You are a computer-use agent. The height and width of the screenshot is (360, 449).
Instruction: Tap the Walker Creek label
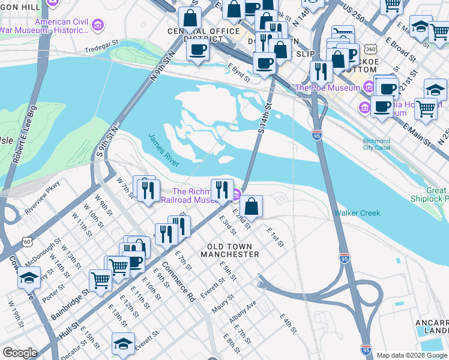[357, 213]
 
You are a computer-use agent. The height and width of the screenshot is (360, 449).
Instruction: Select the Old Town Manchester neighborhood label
[233, 250]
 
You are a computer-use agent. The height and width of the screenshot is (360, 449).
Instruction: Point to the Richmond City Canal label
[376, 145]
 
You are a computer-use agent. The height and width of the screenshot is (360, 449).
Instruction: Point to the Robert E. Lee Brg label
[26, 135]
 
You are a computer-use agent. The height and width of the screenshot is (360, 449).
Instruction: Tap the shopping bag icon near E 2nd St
[253, 206]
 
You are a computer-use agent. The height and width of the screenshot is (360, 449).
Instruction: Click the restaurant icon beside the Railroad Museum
[222, 190]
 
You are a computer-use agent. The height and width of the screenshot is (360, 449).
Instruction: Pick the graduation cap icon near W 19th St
[29, 277]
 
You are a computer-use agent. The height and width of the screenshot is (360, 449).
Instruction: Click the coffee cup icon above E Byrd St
[197, 49]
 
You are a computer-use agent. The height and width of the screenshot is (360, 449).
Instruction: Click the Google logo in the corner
[20, 353]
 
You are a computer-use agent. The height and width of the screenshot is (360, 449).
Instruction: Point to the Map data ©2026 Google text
[412, 355]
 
